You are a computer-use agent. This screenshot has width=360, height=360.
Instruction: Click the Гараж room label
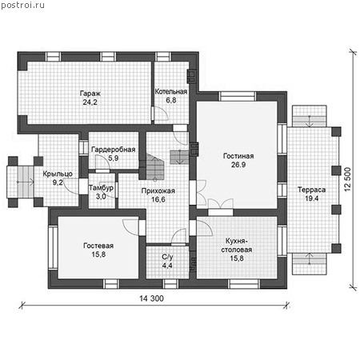coord(90,94)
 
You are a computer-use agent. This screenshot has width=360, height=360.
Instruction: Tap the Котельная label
coord(171,91)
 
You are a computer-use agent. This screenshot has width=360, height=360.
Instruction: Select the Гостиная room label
coord(238,156)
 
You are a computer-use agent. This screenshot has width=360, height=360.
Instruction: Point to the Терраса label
coord(311,190)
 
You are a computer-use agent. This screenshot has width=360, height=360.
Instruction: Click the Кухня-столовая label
coord(237,246)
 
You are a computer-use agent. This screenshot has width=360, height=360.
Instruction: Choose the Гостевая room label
coord(98,246)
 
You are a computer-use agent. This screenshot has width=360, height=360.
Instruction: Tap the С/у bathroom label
coord(167,257)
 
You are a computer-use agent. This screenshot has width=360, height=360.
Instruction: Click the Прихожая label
coord(158,190)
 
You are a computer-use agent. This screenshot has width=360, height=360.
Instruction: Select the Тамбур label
coord(101,188)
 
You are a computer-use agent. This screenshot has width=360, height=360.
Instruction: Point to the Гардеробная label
coord(114,150)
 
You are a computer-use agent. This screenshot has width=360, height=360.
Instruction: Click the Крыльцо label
coord(58,174)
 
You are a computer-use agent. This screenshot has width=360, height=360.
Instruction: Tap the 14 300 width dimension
coord(151,298)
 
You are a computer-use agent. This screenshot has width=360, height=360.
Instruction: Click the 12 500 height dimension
coord(347,179)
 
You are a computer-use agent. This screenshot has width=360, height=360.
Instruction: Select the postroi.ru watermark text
coord(22,6)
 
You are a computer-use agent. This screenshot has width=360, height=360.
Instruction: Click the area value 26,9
coord(238,165)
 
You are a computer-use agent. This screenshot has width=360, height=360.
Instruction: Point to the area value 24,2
coord(90,102)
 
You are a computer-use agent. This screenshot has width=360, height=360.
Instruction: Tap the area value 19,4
coord(311,198)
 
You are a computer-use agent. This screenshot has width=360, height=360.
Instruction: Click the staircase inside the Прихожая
coord(154,166)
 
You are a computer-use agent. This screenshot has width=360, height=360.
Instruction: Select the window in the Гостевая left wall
coord(53,248)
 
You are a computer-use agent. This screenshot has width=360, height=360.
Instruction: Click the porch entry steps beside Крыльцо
coord(26,182)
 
